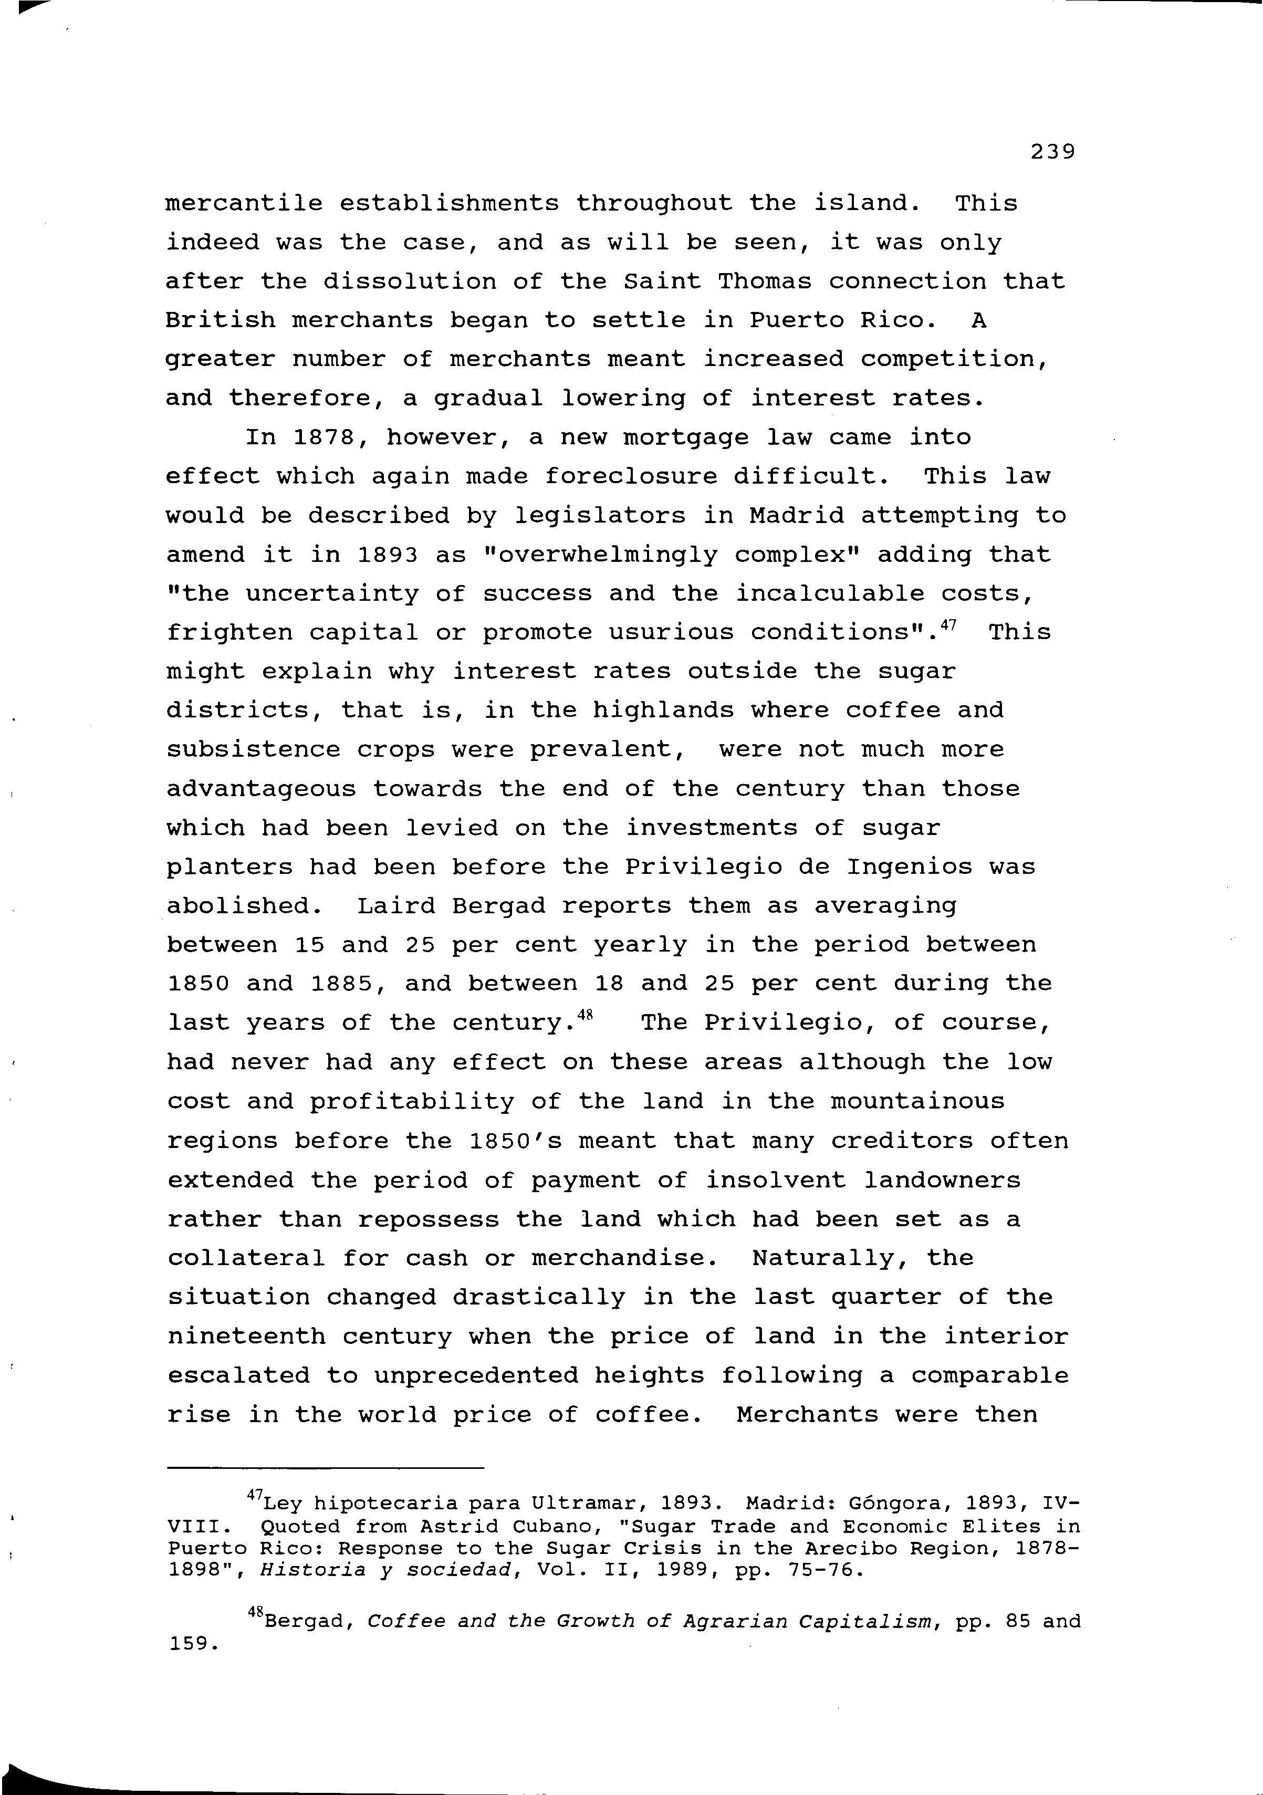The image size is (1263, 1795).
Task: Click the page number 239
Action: tap(1052, 151)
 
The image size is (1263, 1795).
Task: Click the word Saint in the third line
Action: tap(662, 281)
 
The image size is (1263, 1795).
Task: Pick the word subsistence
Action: tap(253, 750)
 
